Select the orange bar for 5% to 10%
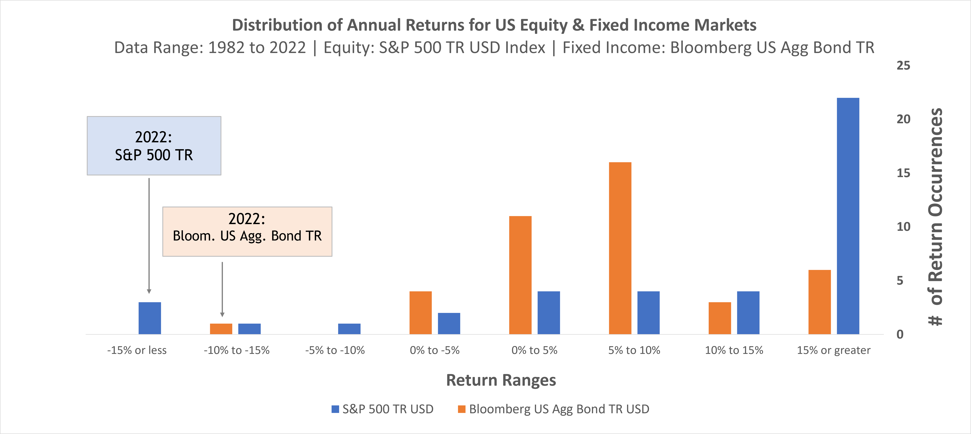coord(620,248)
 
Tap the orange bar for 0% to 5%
coord(520,275)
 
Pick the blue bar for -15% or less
coord(150,318)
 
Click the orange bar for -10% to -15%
coord(221,329)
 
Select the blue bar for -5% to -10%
coord(349,329)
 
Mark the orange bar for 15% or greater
coord(820,302)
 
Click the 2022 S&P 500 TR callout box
coord(154,146)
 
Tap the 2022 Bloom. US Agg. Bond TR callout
coord(247,231)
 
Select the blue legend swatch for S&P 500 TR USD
coord(335,409)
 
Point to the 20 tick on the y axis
coord(903,119)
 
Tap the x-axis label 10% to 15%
coord(734,350)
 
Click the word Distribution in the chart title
coord(287,25)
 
